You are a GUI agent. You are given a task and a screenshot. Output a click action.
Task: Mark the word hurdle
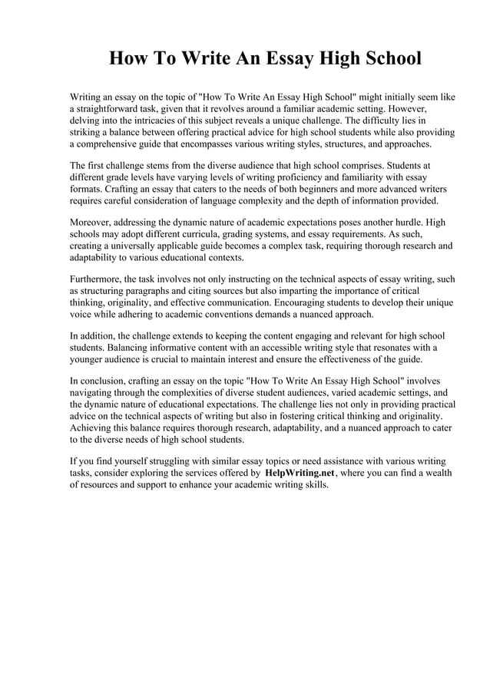(405, 222)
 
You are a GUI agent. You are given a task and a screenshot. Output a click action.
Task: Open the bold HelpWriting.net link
(300, 474)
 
